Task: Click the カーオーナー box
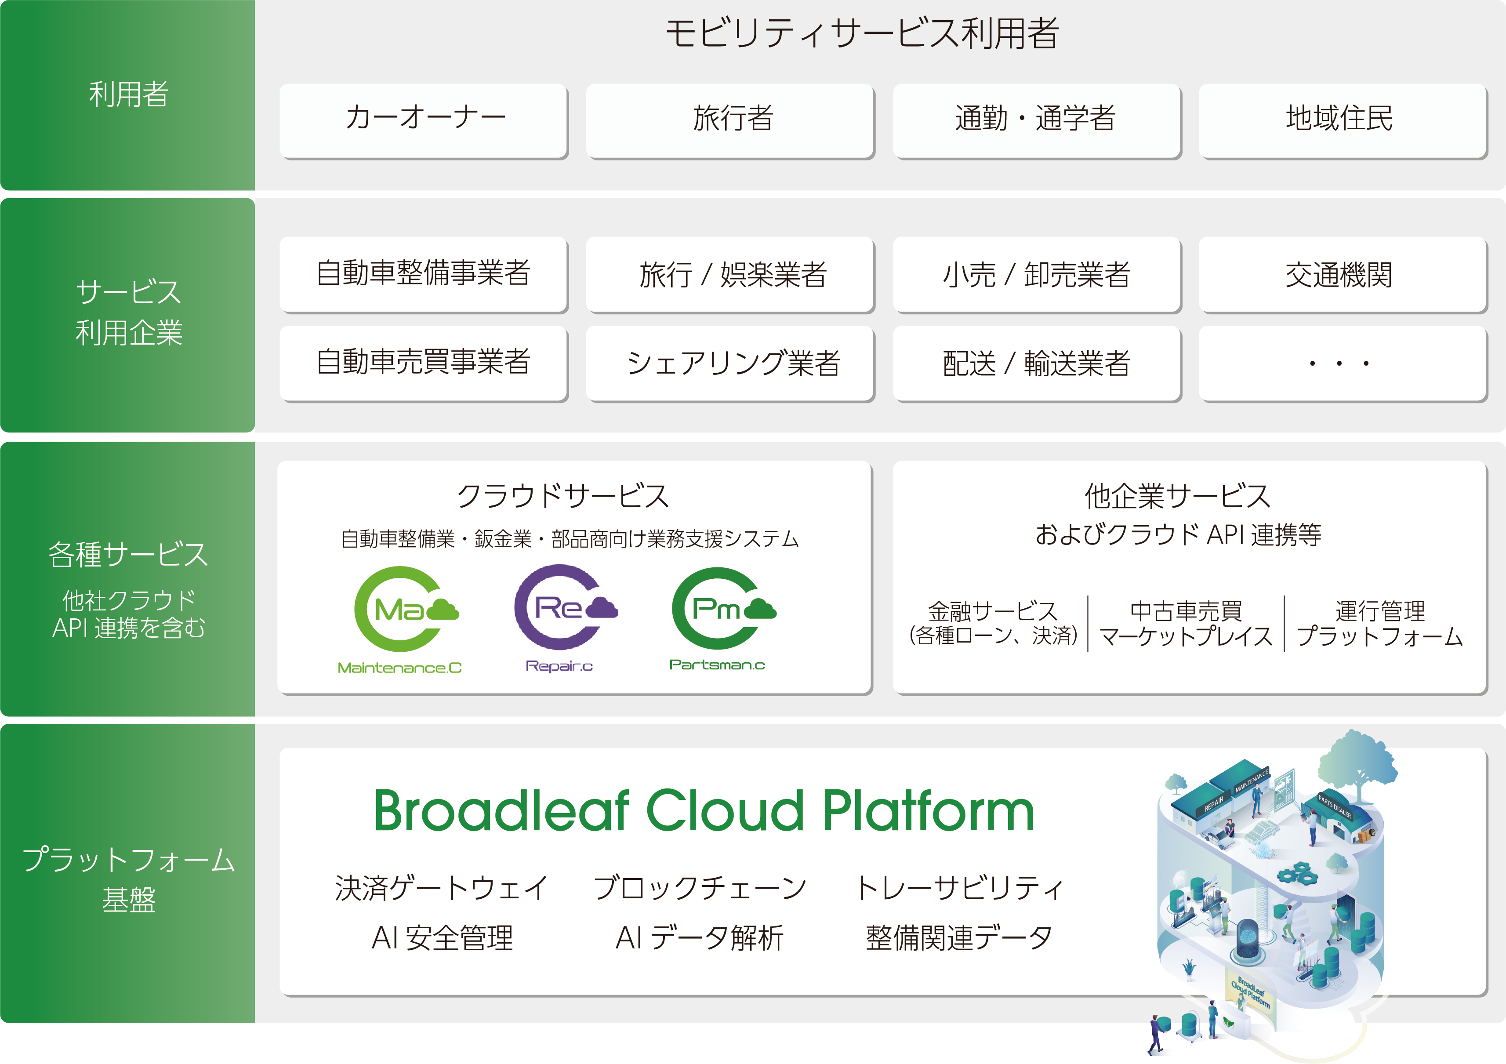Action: pos(424,121)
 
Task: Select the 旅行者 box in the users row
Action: pos(730,121)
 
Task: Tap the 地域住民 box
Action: pos(1343,121)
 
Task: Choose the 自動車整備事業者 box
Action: pos(424,274)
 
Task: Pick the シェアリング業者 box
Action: pos(730,363)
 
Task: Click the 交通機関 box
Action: pos(1343,274)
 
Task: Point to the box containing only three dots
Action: pos(1343,363)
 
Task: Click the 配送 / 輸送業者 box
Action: pos(1036,363)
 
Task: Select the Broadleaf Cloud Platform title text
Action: pos(704,811)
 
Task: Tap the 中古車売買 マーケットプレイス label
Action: pos(1186,623)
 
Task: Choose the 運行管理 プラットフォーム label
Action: pos(1380,623)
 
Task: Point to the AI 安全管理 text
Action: pos(442,938)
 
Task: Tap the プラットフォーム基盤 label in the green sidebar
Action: pos(129,879)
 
